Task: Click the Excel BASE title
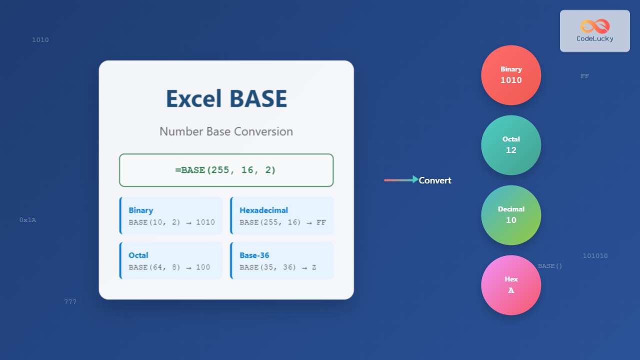[x=226, y=98]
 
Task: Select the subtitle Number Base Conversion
[x=226, y=131]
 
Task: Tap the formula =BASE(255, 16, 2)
[x=226, y=170]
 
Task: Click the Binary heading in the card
[x=141, y=210]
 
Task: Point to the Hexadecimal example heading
[x=263, y=210]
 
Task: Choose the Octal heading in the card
[x=138, y=255]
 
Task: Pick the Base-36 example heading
[x=255, y=255]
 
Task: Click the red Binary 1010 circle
[x=511, y=75]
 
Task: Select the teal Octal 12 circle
[x=511, y=145]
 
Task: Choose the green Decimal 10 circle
[x=511, y=215]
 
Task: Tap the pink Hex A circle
[x=511, y=285]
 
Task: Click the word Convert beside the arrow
[x=435, y=180]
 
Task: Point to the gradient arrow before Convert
[x=401, y=180]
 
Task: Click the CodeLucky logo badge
[x=594, y=31]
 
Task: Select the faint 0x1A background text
[x=28, y=220]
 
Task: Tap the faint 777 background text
[x=70, y=302]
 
